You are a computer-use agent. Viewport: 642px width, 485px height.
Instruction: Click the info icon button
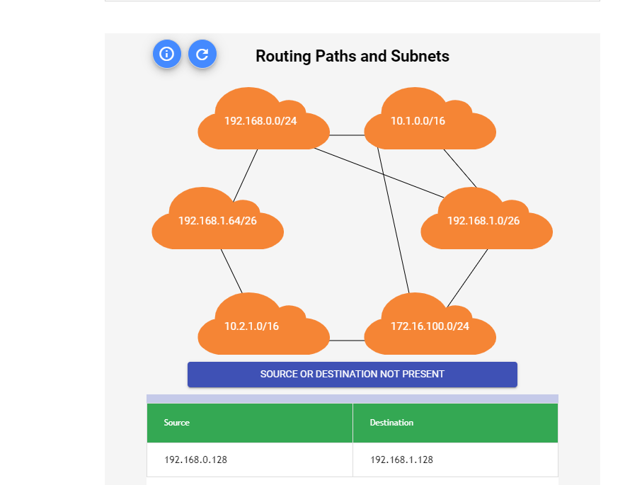[x=167, y=54]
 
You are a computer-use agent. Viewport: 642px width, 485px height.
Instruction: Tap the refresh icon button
[x=202, y=54]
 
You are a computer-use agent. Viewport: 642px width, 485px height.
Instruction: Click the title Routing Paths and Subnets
[x=352, y=56]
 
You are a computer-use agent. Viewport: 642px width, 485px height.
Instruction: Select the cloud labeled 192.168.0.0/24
[x=260, y=122]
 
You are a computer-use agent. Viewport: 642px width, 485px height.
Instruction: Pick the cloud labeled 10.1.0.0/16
[x=428, y=122]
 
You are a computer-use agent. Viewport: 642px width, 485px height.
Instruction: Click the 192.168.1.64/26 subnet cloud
[x=217, y=222]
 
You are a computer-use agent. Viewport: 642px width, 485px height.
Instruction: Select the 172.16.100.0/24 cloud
[x=430, y=327]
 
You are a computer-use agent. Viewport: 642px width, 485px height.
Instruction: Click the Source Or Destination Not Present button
[x=352, y=374]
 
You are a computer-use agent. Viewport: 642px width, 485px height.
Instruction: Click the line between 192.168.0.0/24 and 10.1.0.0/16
[x=347, y=135]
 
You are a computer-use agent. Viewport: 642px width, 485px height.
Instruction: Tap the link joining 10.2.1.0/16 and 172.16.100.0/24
[x=347, y=341]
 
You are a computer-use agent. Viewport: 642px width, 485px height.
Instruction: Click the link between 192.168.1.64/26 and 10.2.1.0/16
[x=231, y=270]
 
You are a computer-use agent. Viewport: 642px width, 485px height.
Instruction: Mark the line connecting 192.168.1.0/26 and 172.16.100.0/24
[x=467, y=278]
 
